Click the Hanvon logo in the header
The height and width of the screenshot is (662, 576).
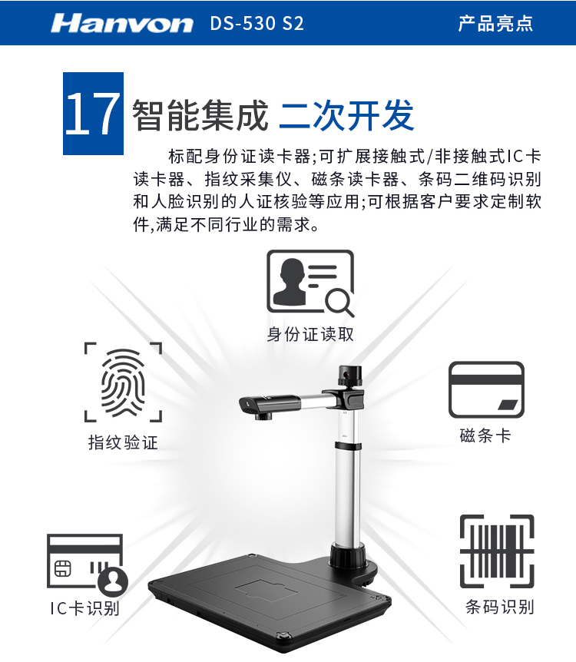pyautogui.click(x=121, y=23)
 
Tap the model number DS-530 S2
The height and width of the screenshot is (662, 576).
pyautogui.click(x=257, y=24)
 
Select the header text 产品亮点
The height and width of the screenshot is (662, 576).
pyautogui.click(x=495, y=23)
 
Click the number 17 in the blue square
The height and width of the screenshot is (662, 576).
pyautogui.click(x=92, y=114)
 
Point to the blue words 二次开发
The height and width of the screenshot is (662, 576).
pyautogui.click(x=346, y=115)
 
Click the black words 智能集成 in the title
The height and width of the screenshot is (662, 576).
pyautogui.click(x=200, y=115)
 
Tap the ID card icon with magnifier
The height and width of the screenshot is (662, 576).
pyautogui.click(x=310, y=283)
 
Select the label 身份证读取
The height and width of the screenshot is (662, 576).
pyautogui.click(x=310, y=334)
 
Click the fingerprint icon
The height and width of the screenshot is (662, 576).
pyautogui.click(x=123, y=382)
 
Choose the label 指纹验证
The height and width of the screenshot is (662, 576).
pyautogui.click(x=123, y=442)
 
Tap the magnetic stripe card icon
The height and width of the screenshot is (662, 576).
pyautogui.click(x=486, y=389)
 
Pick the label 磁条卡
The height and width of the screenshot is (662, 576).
pyautogui.click(x=485, y=435)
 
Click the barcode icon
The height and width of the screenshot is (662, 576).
pyautogui.click(x=497, y=551)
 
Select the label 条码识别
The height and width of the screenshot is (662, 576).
pyautogui.click(x=500, y=607)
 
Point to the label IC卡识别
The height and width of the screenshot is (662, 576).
pyautogui.click(x=85, y=608)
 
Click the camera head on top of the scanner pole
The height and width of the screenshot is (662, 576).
pyautogui.click(x=350, y=376)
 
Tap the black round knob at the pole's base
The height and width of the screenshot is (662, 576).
pyautogui.click(x=348, y=556)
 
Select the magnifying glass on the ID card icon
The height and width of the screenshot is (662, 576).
pyautogui.click(x=339, y=303)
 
